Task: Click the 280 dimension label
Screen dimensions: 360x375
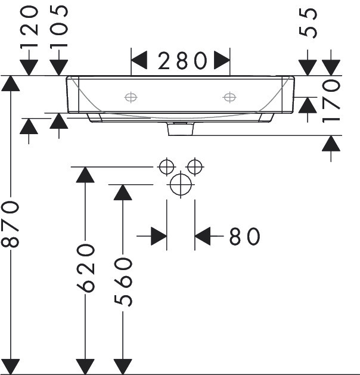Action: point(182,61)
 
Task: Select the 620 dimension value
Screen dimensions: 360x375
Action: point(86,268)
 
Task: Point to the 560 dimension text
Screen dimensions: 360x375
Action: point(123,282)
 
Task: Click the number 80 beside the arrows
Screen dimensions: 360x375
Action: point(244,236)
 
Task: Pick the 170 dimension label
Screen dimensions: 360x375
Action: point(331,101)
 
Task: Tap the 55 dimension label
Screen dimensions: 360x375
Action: point(308,23)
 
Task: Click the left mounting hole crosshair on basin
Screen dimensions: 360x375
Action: point(131,97)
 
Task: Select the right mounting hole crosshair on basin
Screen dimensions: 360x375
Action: point(229,97)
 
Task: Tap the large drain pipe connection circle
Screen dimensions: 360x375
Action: point(181,185)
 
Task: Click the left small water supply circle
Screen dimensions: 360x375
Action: point(167,167)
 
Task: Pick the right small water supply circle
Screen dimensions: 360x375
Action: point(195,167)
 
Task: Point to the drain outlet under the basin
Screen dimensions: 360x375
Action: point(181,129)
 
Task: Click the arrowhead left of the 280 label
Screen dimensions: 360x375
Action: point(139,60)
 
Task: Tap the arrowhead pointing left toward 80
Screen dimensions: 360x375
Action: point(203,236)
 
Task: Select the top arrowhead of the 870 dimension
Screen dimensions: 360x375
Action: point(11,83)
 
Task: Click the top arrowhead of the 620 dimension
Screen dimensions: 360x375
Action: point(85,175)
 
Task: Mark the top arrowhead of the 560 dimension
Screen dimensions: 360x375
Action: point(123,193)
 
